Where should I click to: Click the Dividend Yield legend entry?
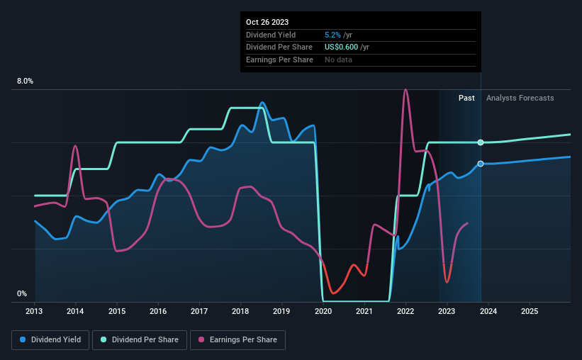[50, 340]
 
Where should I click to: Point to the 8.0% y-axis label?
[25, 81]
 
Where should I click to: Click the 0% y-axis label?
[22, 293]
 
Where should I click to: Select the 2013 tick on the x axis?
[35, 311]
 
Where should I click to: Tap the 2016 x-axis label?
[158, 311]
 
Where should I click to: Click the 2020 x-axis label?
[323, 311]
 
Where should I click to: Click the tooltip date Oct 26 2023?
[267, 22]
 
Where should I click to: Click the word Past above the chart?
[466, 98]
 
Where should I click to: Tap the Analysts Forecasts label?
[520, 98]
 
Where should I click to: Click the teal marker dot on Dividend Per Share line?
[481, 142]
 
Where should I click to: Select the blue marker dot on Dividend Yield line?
[481, 164]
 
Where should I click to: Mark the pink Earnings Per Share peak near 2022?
[405, 90]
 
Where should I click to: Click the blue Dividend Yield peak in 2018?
[262, 103]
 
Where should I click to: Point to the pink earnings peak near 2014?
[75, 145]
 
